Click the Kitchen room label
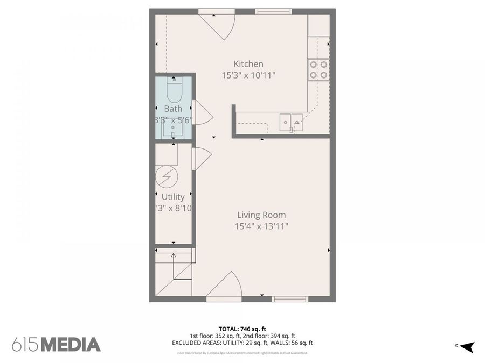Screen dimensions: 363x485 click(x=248, y=64)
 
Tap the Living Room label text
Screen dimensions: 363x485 click(x=261, y=215)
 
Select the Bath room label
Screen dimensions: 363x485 click(x=173, y=109)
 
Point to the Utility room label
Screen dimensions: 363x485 click(x=173, y=197)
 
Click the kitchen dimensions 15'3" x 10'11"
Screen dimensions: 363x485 click(x=248, y=76)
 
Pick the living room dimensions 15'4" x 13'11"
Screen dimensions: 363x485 click(x=261, y=227)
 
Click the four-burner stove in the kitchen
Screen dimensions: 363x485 click(x=318, y=70)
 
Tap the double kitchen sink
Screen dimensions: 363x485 click(x=290, y=123)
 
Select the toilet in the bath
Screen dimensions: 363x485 click(x=174, y=90)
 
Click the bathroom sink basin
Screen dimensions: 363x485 click(x=174, y=129)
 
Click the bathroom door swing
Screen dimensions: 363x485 click(x=203, y=112)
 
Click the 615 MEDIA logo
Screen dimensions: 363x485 click(x=56, y=344)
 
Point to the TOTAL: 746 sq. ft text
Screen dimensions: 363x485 click(x=242, y=329)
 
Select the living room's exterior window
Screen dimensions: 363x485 click(x=290, y=298)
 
